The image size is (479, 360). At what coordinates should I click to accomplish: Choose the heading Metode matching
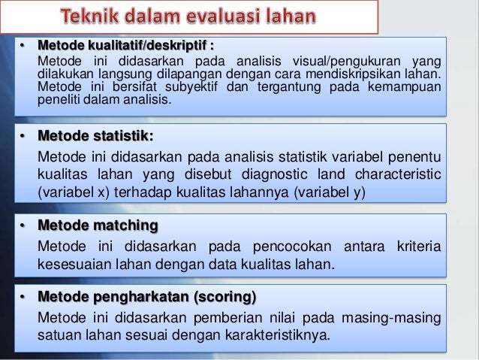pos(98,226)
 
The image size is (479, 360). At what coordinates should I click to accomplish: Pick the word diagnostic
pos(294,174)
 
